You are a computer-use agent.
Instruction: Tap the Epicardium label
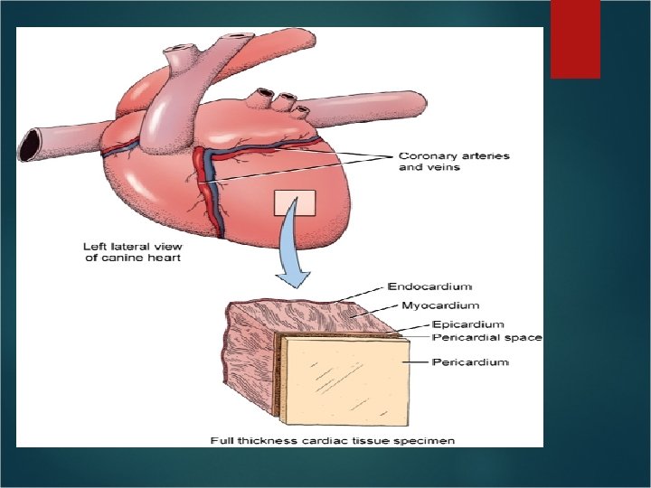coord(467,324)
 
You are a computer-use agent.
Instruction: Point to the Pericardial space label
coord(486,337)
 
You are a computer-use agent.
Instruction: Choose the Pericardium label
coord(470,362)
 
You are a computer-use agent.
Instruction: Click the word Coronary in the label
coord(427,156)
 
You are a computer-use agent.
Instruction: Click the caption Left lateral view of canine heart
coord(132,252)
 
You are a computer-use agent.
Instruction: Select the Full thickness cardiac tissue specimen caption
coord(333,440)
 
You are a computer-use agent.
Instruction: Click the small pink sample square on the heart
coord(295,203)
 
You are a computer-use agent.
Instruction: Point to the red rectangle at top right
coord(575,38)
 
